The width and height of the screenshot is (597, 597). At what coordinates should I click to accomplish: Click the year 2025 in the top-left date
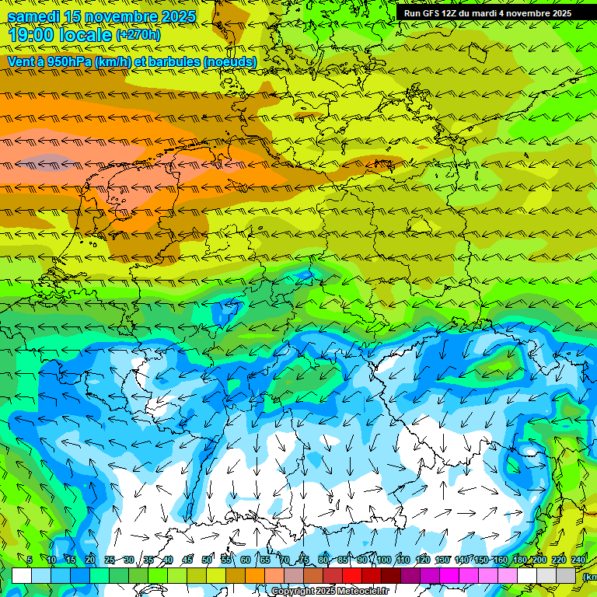coord(172,16)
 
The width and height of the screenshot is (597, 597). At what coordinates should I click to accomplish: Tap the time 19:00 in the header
coord(31,35)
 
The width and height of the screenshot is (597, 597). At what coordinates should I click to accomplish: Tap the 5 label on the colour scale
coord(30,560)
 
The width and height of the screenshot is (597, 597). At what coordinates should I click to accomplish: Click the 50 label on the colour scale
coord(207,560)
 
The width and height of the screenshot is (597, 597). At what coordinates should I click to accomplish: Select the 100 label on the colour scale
coord(383,560)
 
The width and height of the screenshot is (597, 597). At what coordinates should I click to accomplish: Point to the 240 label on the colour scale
coord(578,560)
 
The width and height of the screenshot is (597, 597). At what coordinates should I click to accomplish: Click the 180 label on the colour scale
coord(520,560)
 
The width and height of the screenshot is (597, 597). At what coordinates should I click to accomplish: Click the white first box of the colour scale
coord(22,575)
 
